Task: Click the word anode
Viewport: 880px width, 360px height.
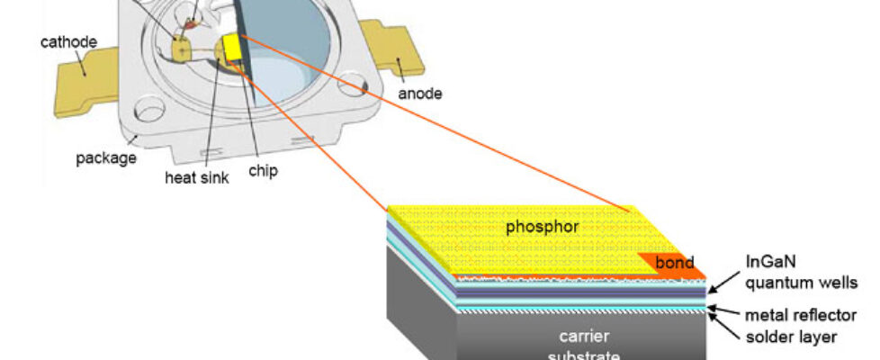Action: (x=421, y=92)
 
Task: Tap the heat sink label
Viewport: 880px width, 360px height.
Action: (x=196, y=177)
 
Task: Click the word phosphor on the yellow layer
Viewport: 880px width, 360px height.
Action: (x=542, y=227)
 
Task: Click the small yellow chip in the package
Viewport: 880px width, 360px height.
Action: (x=236, y=47)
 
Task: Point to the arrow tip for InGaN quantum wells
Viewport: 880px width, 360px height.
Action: (x=711, y=291)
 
